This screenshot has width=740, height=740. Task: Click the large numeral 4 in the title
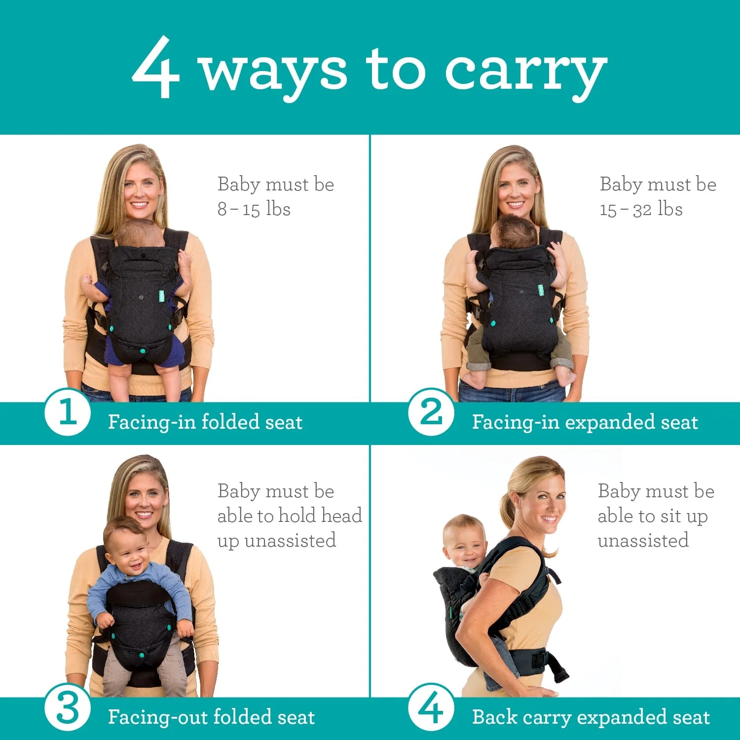tap(155, 68)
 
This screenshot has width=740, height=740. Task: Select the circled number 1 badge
tap(67, 412)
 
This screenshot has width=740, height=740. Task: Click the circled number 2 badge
tap(431, 412)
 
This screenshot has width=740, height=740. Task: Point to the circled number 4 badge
tap(431, 708)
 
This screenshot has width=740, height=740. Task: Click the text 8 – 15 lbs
tap(254, 209)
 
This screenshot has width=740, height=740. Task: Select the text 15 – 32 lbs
tap(641, 209)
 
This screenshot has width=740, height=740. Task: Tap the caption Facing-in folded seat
tap(205, 422)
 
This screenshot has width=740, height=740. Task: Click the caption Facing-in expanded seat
tap(585, 422)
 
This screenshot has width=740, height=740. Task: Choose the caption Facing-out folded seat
tap(211, 717)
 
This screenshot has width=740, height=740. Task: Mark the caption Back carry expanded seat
tap(591, 717)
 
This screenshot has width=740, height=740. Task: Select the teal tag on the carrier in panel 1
tap(161, 296)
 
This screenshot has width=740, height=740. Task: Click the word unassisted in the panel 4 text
tap(643, 541)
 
